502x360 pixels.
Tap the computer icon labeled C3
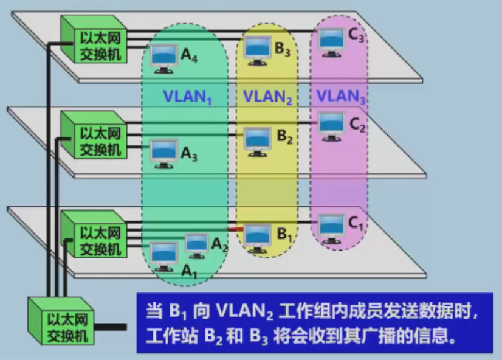point(331,41)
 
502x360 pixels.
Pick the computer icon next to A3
point(163,153)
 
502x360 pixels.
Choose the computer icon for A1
point(163,256)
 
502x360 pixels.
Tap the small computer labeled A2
point(198,245)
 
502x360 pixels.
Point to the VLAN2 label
point(268,96)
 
